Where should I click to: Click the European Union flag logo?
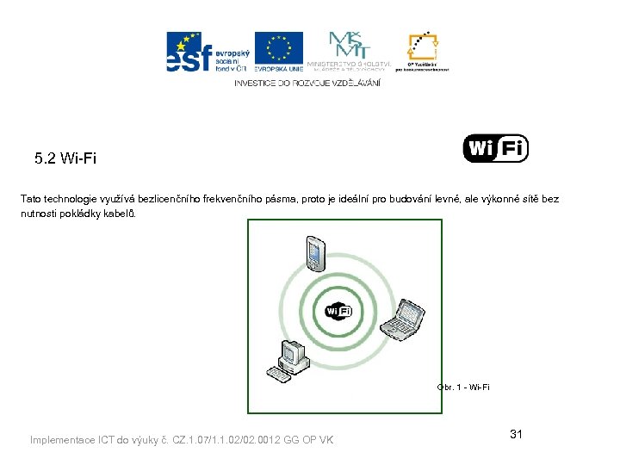(x=278, y=51)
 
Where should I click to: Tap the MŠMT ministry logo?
(x=348, y=52)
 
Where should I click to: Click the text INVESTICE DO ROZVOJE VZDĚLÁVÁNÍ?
(x=307, y=83)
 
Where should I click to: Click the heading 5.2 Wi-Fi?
(x=65, y=158)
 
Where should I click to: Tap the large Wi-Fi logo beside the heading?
(x=495, y=148)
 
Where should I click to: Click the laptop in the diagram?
(x=400, y=318)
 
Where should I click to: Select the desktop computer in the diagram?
(x=291, y=356)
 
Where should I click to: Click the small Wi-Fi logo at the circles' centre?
(x=338, y=310)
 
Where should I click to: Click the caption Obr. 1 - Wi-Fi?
(x=463, y=387)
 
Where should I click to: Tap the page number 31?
(x=516, y=434)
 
